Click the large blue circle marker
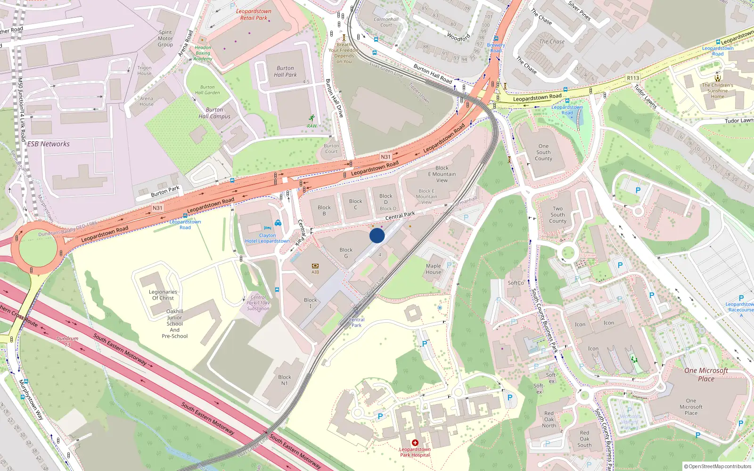click(377, 235)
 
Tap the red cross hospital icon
click(415, 443)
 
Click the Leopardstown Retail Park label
click(254, 15)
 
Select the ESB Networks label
click(49, 144)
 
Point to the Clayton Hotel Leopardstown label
click(267, 238)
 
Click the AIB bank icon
click(315, 266)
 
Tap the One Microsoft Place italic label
click(706, 374)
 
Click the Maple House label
click(434, 269)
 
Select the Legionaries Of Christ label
click(163, 295)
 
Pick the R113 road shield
click(633, 78)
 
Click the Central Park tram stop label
click(357, 322)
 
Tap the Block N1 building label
click(285, 380)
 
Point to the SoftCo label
click(516, 283)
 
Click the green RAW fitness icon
click(311, 118)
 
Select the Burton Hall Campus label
click(214, 113)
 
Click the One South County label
click(543, 152)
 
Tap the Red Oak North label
click(549, 419)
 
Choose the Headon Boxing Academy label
click(203, 53)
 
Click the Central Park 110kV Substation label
click(258, 303)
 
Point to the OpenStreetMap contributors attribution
click(717, 466)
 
